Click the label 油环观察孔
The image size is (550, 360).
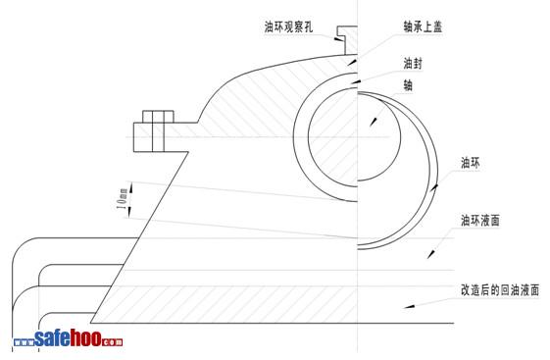[288, 27]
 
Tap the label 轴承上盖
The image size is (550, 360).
[423, 27]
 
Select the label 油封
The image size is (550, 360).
[413, 64]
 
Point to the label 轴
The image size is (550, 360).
[408, 85]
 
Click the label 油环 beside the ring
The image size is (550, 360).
[470, 163]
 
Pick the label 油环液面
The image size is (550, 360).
[479, 221]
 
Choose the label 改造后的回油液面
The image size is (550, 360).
[499, 290]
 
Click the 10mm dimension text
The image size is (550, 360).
[123, 199]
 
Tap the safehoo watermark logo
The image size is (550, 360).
[68, 338]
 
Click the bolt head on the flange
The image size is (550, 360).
[158, 117]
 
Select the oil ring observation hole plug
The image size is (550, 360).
[347, 40]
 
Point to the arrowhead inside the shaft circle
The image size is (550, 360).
[374, 122]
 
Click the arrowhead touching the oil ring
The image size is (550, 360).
[434, 187]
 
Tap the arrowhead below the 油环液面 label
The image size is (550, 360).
[431, 254]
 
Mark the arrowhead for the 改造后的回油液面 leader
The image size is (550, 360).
[409, 306]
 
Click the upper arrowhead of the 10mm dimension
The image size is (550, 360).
[131, 187]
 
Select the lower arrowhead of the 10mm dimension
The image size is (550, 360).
[129, 212]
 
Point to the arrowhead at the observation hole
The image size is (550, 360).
[337, 39]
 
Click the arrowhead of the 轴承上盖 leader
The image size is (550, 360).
[352, 63]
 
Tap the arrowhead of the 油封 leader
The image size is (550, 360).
[356, 82]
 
